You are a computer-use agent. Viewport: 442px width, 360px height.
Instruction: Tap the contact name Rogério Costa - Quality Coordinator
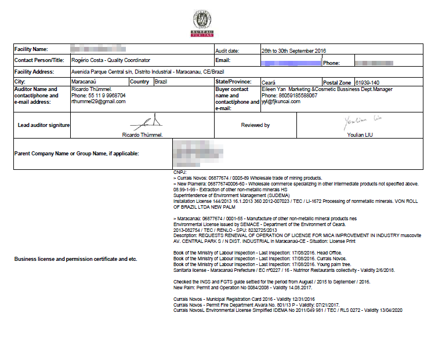click(x=110, y=60)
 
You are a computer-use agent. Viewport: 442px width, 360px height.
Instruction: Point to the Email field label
click(x=223, y=60)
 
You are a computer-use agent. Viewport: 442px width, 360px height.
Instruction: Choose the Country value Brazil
click(x=161, y=82)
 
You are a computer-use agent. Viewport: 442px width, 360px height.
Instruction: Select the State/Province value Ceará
click(x=269, y=83)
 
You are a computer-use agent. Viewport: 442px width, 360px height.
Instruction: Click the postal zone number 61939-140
click(x=368, y=83)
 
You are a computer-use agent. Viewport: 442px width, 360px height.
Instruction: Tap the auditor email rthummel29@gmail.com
click(x=98, y=101)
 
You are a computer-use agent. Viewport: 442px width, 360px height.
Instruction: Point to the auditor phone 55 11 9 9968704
click(x=98, y=96)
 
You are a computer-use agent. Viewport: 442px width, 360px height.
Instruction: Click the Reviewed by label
click(x=255, y=125)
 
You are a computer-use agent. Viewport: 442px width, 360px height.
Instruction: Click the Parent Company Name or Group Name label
click(x=77, y=154)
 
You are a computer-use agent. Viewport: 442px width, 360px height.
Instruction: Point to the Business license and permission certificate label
click(x=75, y=259)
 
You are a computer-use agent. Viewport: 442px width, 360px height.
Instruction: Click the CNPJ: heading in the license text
click(x=180, y=173)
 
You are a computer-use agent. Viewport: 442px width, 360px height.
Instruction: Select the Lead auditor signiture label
click(x=44, y=125)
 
